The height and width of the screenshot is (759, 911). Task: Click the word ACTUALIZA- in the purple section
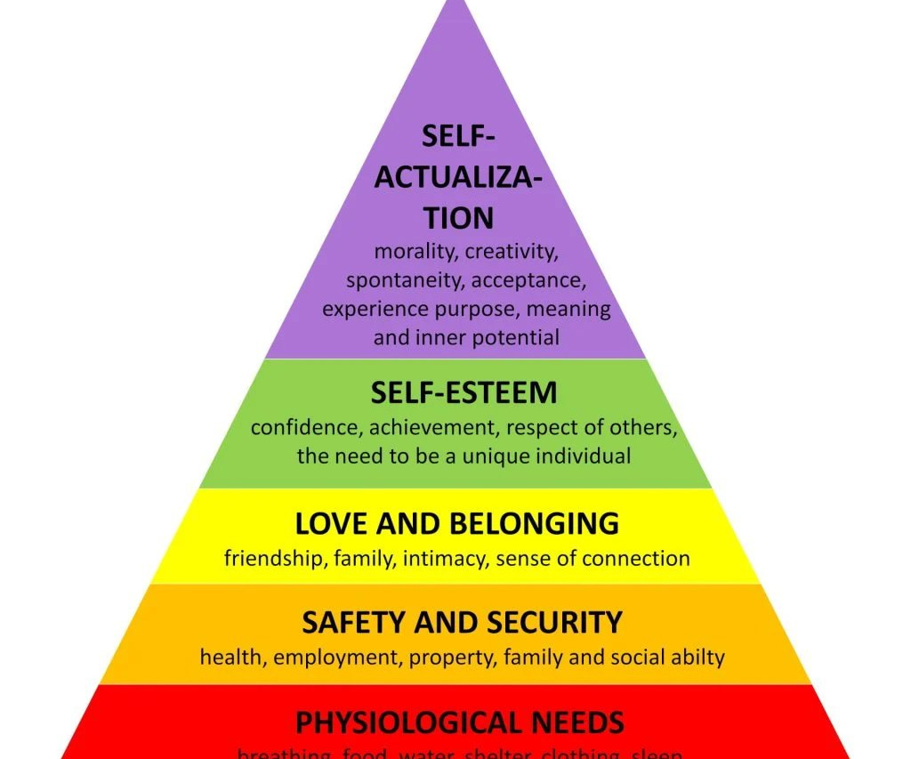click(x=457, y=177)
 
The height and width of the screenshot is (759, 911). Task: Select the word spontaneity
click(x=405, y=281)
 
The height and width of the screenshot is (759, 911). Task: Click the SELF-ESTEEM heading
click(x=464, y=392)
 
